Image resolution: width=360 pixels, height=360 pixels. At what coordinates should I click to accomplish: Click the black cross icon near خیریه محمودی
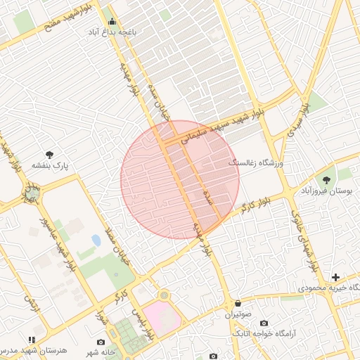[336, 278]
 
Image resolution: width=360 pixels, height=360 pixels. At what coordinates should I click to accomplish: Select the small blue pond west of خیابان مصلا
[96, 240]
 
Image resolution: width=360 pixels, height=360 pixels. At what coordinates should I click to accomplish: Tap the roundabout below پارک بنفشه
[31, 192]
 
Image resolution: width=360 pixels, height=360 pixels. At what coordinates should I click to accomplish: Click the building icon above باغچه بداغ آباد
[112, 21]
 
